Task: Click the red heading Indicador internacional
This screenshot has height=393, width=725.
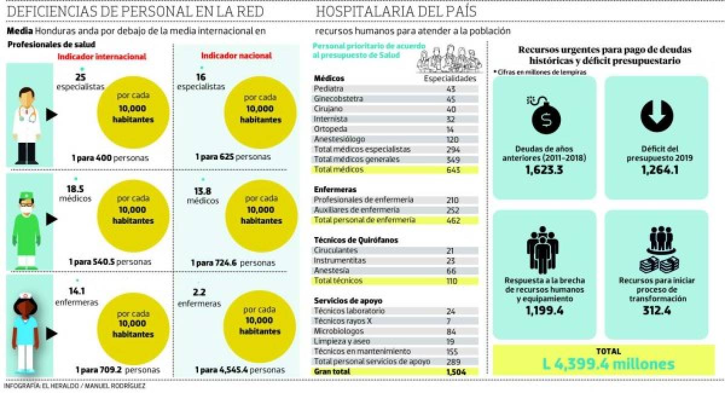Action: [x=101, y=56]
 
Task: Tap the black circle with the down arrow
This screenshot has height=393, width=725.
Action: [x=656, y=115]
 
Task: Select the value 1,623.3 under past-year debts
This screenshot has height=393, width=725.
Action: [x=544, y=171]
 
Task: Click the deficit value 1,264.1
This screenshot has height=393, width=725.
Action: [x=656, y=171]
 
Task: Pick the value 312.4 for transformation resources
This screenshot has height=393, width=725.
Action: [x=656, y=311]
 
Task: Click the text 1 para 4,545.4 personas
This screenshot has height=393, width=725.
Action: [x=239, y=369]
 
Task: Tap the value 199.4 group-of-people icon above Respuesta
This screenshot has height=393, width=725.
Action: [x=543, y=250]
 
